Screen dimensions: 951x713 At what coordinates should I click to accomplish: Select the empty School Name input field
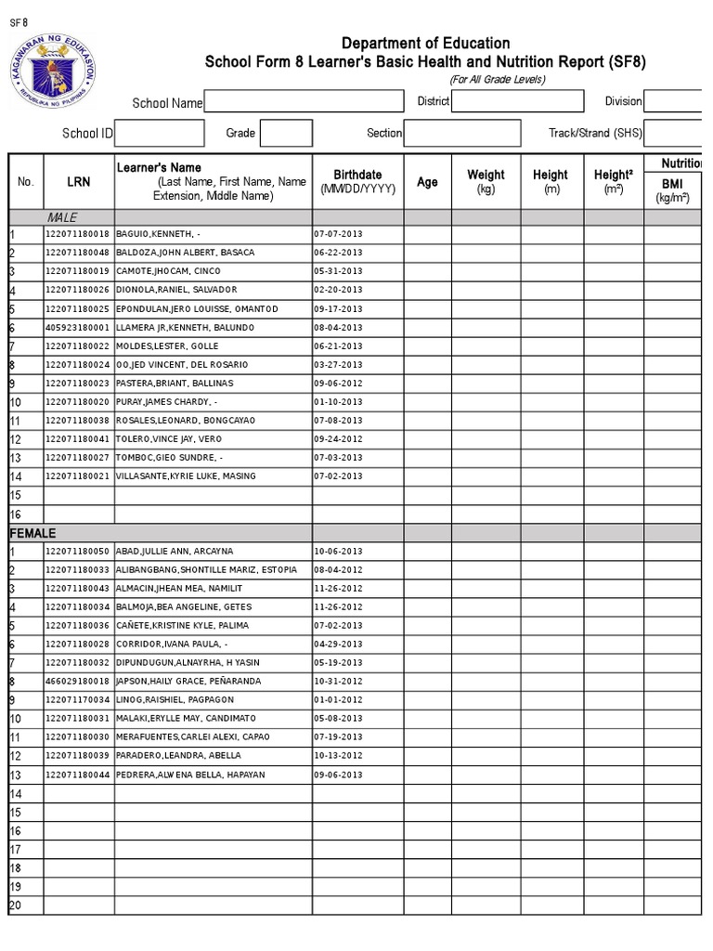pos(303,102)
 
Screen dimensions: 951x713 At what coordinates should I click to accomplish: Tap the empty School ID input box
pos(160,134)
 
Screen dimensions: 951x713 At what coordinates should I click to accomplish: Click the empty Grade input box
pos(286,134)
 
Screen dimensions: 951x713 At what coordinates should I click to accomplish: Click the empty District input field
pos(517,102)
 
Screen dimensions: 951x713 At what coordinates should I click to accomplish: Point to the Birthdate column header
pos(357,181)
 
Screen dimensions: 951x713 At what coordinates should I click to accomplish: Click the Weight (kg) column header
pos(486,181)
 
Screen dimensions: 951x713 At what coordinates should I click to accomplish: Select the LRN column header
pos(79,182)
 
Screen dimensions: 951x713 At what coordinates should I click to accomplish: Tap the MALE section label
pos(62,217)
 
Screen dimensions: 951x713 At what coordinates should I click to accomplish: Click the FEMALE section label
pos(32,533)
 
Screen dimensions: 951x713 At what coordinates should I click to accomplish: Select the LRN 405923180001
pos(77,328)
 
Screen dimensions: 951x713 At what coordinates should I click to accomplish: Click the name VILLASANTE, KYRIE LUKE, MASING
pos(185,476)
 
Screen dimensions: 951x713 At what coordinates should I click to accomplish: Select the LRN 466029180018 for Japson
pos(77,681)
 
